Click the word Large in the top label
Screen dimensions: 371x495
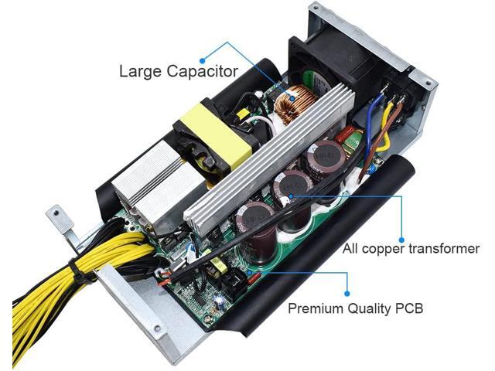click(137, 72)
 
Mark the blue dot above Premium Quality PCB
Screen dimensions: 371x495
click(348, 293)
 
